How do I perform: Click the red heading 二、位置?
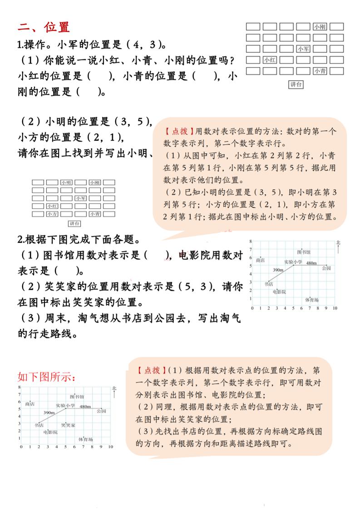44,27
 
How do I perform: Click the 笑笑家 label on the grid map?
68,425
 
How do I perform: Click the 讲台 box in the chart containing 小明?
74,223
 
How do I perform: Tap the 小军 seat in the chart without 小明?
303,49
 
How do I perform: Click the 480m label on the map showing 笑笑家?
85,406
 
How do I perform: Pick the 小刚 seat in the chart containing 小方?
94,182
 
